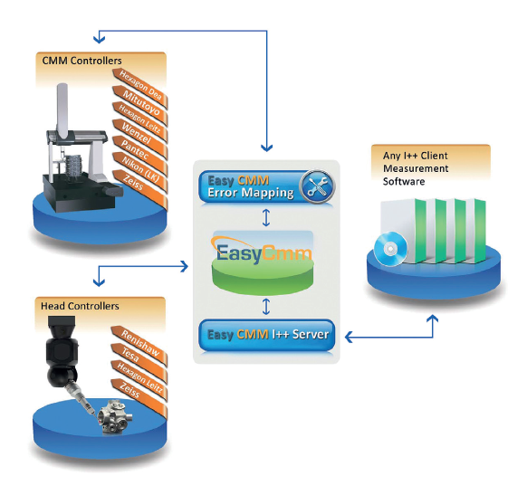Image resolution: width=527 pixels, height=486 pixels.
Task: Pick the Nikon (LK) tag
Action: pyautogui.click(x=140, y=172)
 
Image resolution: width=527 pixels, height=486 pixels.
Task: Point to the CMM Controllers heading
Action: pyautogui.click(x=81, y=61)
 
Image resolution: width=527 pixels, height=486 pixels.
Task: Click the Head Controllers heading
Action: pyautogui.click(x=80, y=306)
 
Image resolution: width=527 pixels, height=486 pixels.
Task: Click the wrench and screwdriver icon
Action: pyautogui.click(x=317, y=186)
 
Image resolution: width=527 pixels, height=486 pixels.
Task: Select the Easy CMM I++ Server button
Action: pyautogui.click(x=267, y=335)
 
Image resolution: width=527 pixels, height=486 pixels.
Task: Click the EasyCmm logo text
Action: pyautogui.click(x=263, y=253)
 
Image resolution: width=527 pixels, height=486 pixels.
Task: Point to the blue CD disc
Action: pyautogui.click(x=390, y=249)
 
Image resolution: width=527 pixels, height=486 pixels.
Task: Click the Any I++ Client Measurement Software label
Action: pyautogui.click(x=416, y=168)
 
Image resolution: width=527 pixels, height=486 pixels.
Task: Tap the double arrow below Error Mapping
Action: pyautogui.click(x=266, y=217)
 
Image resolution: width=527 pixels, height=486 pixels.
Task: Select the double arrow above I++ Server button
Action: pyautogui.click(x=266, y=306)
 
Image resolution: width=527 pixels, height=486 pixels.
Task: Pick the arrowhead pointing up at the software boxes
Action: pyautogui.click(x=433, y=319)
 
